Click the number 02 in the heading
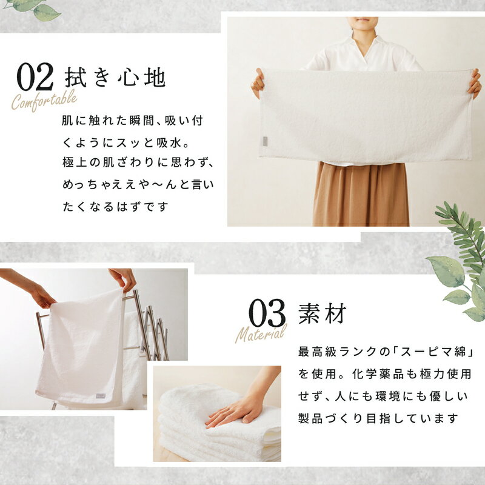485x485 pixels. pyautogui.click(x=35, y=77)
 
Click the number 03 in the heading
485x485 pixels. pyautogui.click(x=267, y=313)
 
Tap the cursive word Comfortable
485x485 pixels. pyautogui.click(x=44, y=100)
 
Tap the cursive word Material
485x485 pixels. pyautogui.click(x=261, y=333)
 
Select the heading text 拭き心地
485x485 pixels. pyautogui.click(x=115, y=77)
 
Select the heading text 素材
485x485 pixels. pyautogui.click(x=323, y=313)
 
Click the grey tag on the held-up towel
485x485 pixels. pyautogui.click(x=266, y=141)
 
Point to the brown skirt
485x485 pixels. pyautogui.click(x=361, y=194)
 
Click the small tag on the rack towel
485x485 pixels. pyautogui.click(x=101, y=396)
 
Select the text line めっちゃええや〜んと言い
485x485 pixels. pyautogui.click(x=138, y=185)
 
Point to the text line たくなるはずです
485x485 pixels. pyautogui.click(x=115, y=207)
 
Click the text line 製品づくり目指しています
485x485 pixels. pyautogui.click(x=378, y=418)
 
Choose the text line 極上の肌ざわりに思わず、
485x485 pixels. pyautogui.click(x=138, y=162)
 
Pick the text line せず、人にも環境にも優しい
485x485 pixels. pyautogui.click(x=383, y=396)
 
